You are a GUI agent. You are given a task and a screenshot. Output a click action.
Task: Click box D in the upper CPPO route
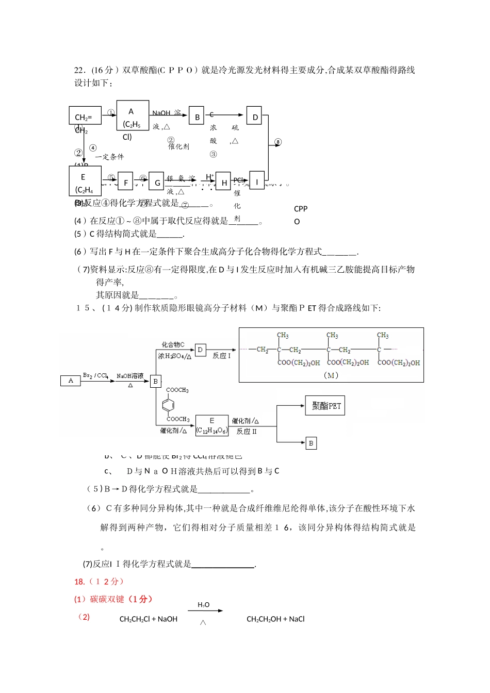254,117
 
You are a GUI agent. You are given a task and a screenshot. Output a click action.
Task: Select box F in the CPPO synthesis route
125,182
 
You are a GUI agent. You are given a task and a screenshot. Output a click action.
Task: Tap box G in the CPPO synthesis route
156,182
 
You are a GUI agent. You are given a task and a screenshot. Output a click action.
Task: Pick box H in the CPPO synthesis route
223,182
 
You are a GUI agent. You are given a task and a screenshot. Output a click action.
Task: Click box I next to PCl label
257,181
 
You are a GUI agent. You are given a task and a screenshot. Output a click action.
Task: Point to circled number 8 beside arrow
277,142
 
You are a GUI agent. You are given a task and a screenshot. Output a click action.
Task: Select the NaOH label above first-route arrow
161,113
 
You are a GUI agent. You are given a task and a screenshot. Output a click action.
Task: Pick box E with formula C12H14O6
211,426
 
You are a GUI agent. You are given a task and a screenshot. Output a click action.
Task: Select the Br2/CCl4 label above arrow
96,375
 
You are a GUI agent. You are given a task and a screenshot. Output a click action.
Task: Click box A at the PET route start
71,381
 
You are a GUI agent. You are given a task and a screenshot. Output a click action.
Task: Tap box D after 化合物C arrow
200,350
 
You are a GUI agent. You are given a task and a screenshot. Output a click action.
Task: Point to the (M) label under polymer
331,375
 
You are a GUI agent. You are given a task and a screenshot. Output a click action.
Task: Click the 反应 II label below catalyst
247,431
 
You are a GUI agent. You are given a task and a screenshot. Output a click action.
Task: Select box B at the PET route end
311,443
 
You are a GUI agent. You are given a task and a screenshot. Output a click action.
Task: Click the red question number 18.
79,582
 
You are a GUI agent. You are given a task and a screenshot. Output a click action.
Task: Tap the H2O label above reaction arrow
204,604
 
